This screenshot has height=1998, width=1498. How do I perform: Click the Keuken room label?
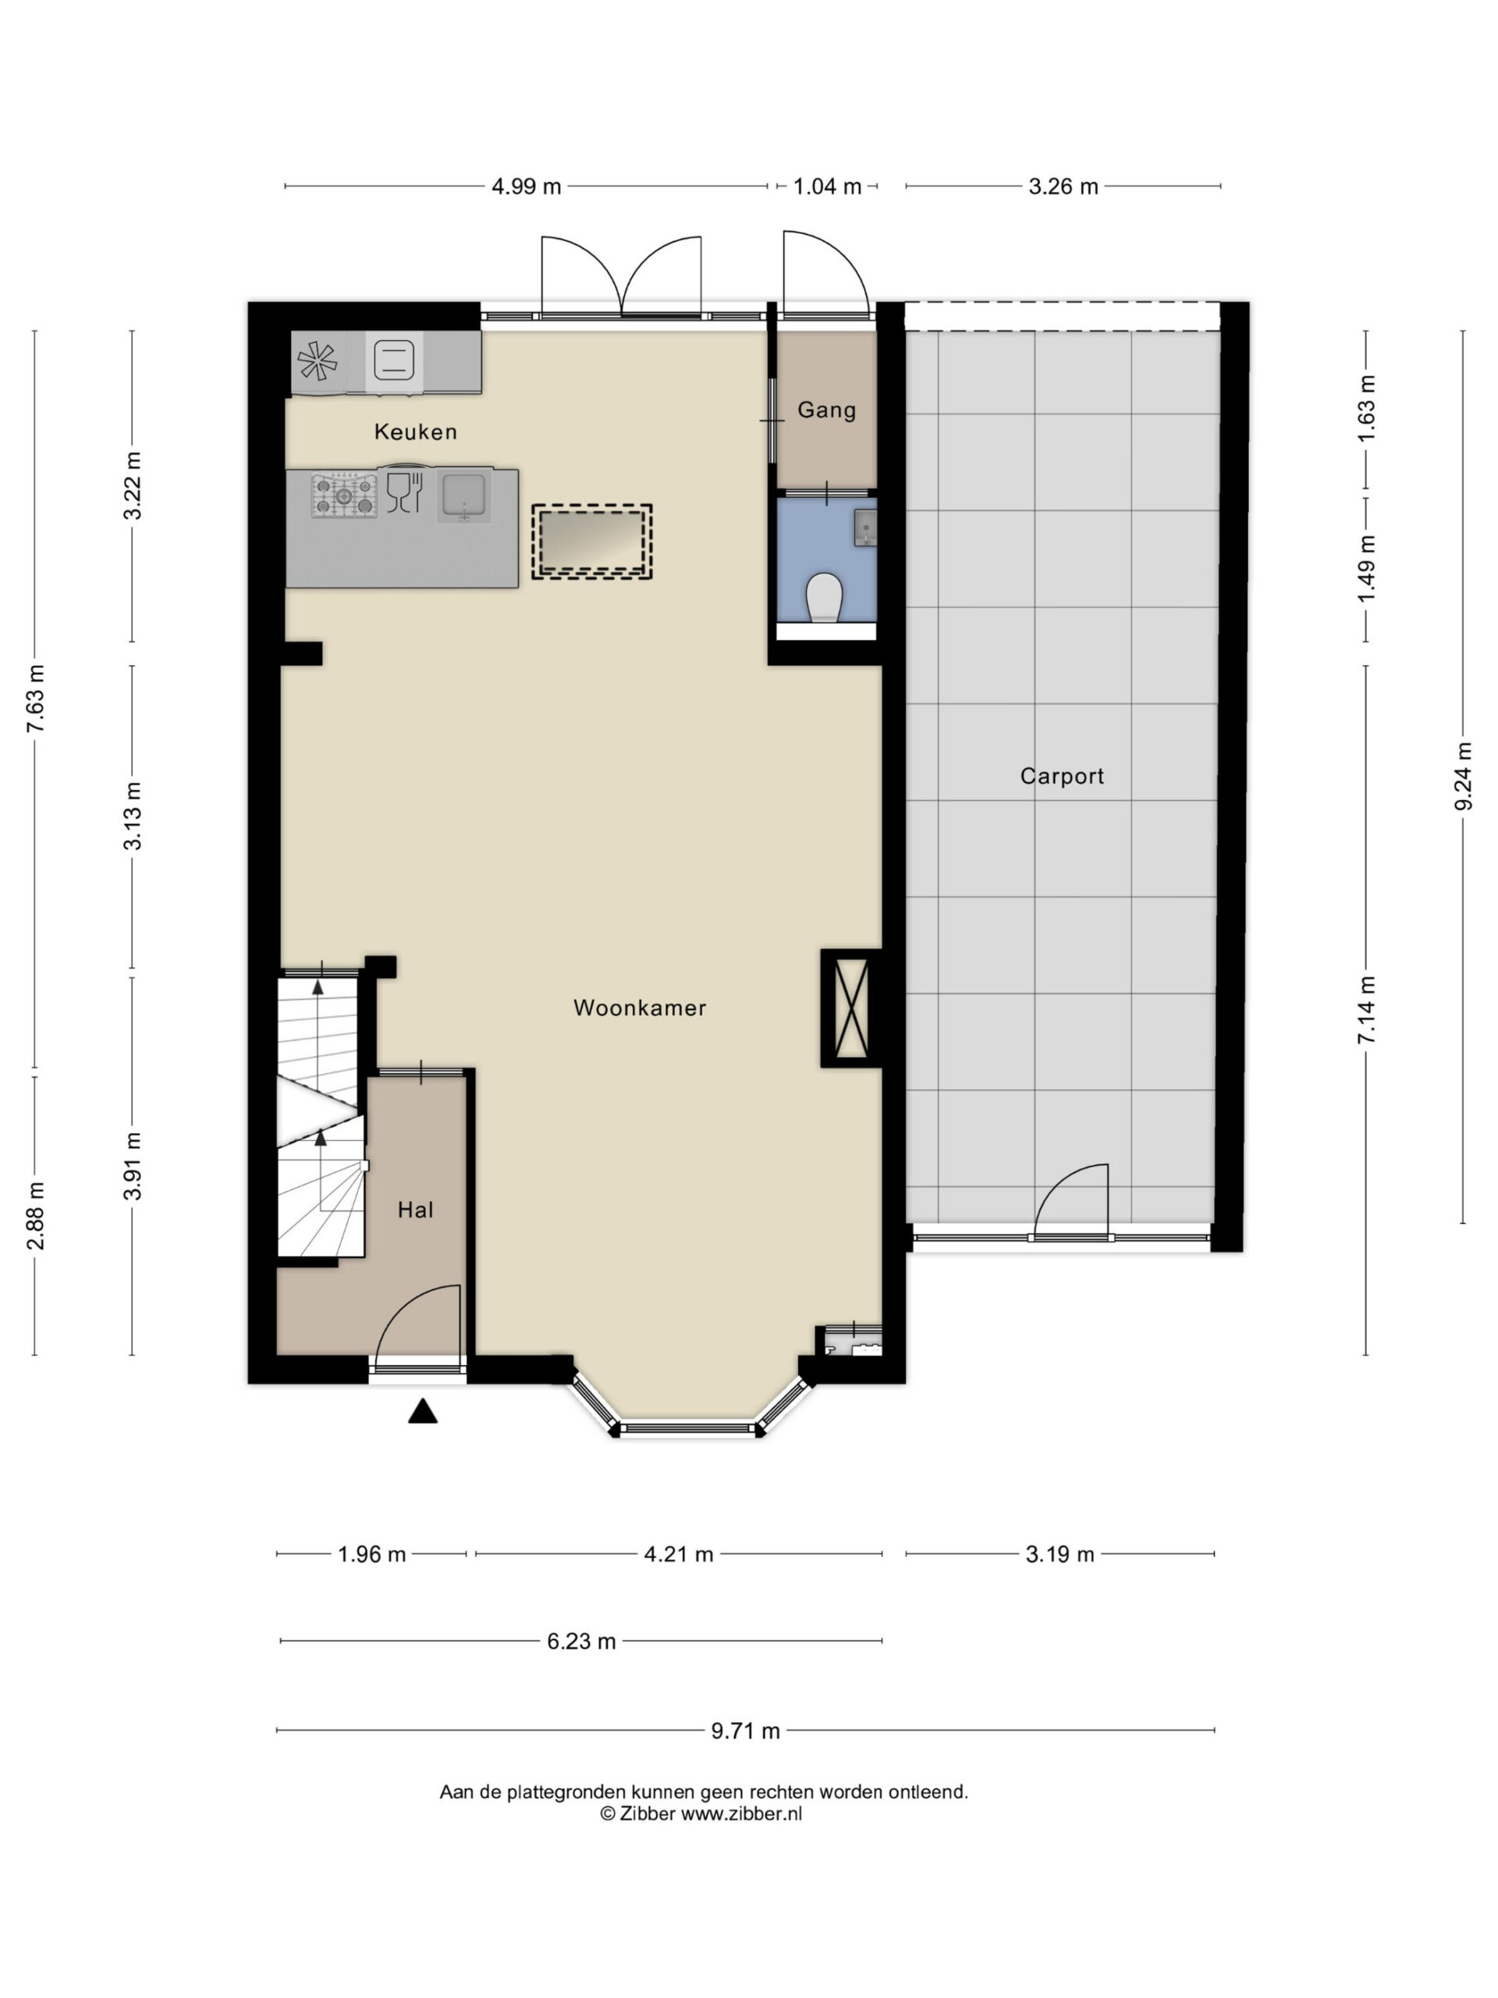tap(415, 432)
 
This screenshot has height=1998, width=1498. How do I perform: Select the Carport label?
tap(1062, 776)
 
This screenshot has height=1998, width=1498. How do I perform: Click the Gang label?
tap(826, 410)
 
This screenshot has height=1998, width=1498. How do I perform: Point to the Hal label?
tap(415, 1210)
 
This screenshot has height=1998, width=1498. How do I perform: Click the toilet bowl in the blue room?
tap(825, 598)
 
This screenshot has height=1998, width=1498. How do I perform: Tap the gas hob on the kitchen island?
tap(344, 495)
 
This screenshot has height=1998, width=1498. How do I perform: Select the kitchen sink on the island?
tap(464, 495)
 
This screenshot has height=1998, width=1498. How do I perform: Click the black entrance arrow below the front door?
tap(423, 1411)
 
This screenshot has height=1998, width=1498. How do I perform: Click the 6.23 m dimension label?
tap(581, 1641)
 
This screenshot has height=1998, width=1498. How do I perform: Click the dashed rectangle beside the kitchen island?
tap(591, 542)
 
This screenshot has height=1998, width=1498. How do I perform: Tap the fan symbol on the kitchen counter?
tap(317, 361)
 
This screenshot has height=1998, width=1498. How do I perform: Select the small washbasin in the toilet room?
tap(865, 527)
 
